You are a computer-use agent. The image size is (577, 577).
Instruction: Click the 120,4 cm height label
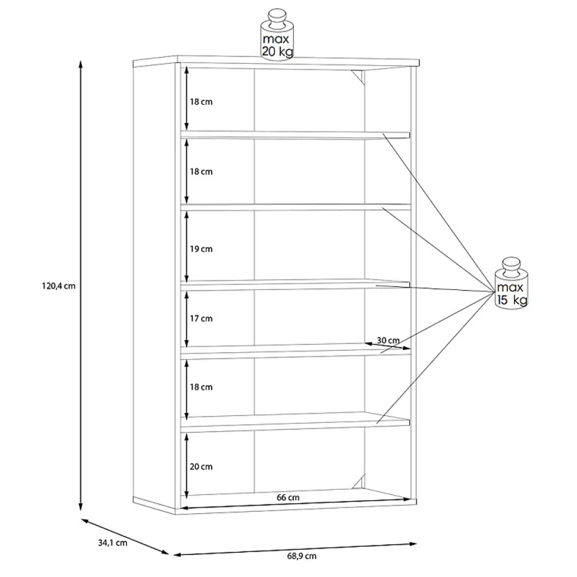(x=58, y=286)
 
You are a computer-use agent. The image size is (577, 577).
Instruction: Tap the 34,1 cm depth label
(x=113, y=543)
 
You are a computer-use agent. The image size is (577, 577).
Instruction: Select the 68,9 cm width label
(x=302, y=556)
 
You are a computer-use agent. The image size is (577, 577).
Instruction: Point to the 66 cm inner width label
(x=288, y=497)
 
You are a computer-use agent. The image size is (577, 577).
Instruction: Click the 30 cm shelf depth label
(x=388, y=340)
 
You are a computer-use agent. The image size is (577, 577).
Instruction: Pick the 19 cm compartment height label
(x=201, y=249)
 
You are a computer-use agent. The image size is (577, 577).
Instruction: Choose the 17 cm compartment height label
(x=201, y=319)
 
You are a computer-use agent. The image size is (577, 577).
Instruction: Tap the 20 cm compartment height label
(x=201, y=466)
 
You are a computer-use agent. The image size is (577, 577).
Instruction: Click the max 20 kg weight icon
(x=277, y=35)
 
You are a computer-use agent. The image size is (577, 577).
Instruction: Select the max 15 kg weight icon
(x=512, y=283)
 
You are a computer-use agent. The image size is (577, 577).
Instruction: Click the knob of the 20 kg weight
(x=277, y=19)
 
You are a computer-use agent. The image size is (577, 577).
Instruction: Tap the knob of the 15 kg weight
(x=512, y=266)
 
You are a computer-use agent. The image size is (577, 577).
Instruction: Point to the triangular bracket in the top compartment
(x=359, y=77)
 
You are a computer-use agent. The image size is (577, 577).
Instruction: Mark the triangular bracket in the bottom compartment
(x=359, y=482)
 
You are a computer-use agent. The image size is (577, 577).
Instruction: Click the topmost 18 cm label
(x=201, y=102)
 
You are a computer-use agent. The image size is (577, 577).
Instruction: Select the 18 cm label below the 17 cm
(x=201, y=387)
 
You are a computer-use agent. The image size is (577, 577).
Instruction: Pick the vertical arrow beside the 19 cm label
(x=186, y=248)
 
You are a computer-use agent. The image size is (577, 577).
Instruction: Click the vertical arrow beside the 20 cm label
(x=187, y=466)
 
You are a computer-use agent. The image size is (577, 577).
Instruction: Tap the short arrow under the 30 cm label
(x=388, y=346)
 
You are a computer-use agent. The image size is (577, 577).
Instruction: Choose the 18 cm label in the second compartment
(x=201, y=172)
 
